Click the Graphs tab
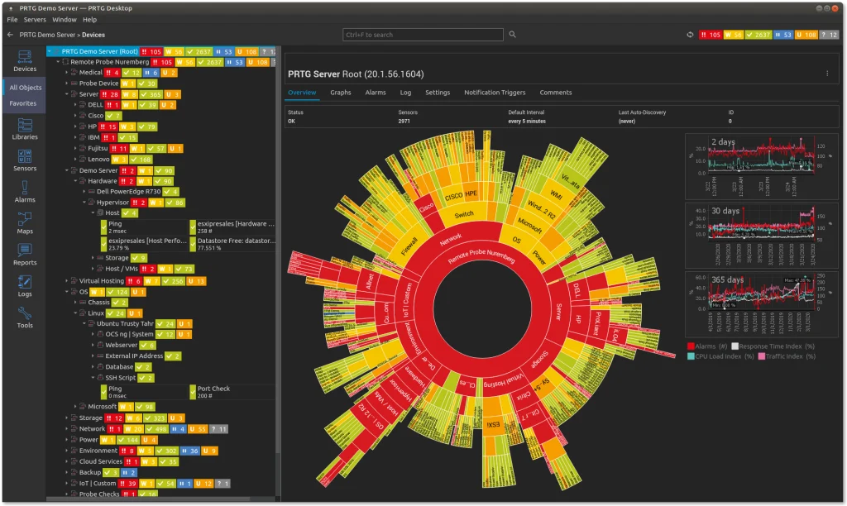pyautogui.click(x=341, y=93)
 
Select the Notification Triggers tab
pyautogui.click(x=494, y=93)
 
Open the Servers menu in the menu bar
pyautogui.click(x=35, y=19)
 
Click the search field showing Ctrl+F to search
pyautogui.click(x=423, y=35)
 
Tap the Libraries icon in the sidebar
pyautogui.click(x=25, y=129)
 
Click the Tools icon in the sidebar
pyautogui.click(x=25, y=317)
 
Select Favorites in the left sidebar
pyautogui.click(x=23, y=103)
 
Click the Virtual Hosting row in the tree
pyautogui.click(x=101, y=281)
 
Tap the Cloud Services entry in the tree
pyautogui.click(x=100, y=461)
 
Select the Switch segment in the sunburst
pyautogui.click(x=464, y=215)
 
